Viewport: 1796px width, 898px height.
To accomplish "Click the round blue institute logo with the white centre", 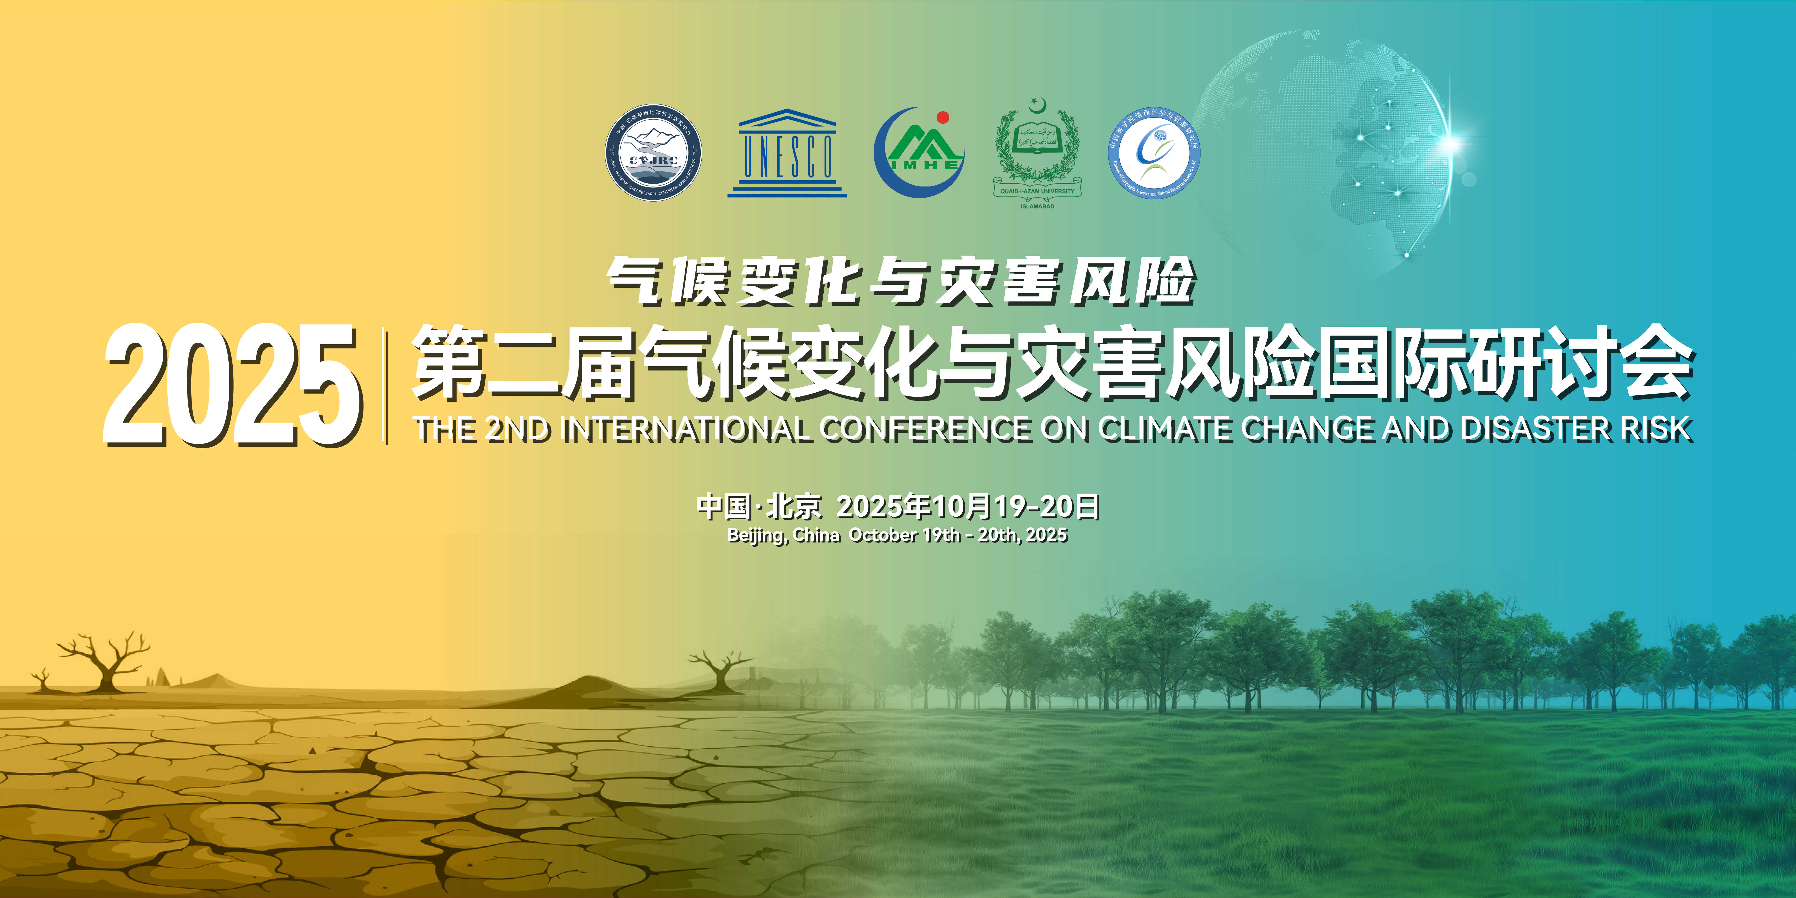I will [x=1154, y=153].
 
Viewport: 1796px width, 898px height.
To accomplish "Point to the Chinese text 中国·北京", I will [x=759, y=507].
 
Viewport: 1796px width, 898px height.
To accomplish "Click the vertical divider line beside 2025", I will [x=386, y=386].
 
